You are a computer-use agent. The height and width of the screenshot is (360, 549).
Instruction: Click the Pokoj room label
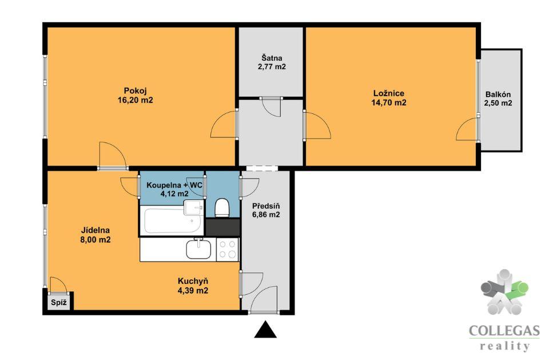[x=135, y=91]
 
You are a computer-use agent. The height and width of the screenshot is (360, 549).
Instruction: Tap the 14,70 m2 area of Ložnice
[x=389, y=102]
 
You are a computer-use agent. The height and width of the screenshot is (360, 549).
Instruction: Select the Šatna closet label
[x=272, y=58]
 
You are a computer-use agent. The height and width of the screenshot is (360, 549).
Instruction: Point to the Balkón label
[x=498, y=94]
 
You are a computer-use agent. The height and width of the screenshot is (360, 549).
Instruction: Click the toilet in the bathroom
[x=222, y=208]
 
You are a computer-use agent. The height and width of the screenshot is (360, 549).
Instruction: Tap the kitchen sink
[x=198, y=248]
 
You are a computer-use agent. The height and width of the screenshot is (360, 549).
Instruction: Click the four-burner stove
[x=227, y=249]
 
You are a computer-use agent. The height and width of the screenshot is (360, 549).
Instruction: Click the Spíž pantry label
[x=58, y=302]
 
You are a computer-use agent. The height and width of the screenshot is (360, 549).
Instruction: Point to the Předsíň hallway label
[x=266, y=206]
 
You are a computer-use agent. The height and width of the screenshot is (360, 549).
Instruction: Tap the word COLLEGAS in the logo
[x=504, y=331]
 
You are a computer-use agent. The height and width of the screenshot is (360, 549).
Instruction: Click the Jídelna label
[x=96, y=230]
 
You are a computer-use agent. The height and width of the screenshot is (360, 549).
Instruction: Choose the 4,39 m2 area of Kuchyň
[x=193, y=291]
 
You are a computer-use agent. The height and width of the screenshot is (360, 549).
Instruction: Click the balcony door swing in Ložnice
[x=467, y=130]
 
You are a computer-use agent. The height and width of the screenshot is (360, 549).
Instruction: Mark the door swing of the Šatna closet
[x=272, y=107]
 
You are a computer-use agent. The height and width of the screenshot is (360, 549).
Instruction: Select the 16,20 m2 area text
[x=135, y=100]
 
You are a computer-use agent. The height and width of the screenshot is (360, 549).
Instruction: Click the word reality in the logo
[x=504, y=346]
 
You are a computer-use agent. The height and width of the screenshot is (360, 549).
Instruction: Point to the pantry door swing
[x=58, y=284]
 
